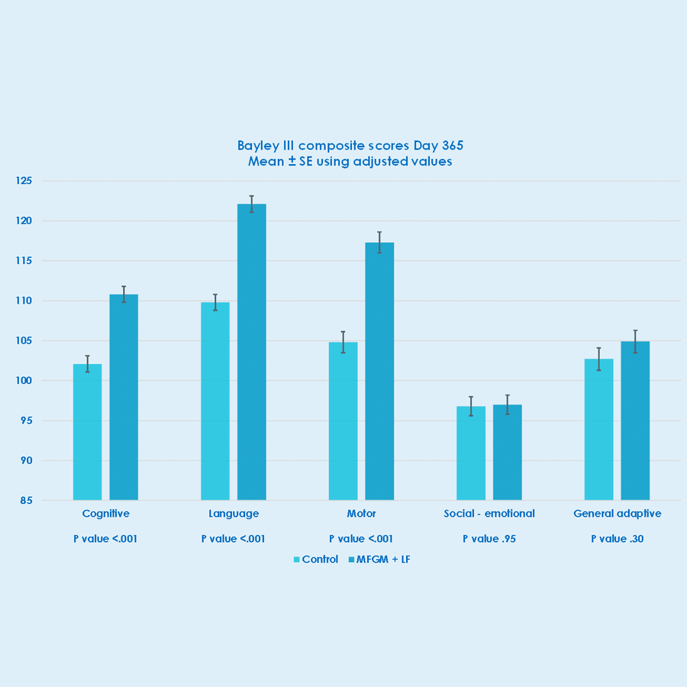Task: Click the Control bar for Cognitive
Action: pyautogui.click(x=87, y=432)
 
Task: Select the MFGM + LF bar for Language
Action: pyautogui.click(x=251, y=352)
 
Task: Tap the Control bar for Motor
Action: pyautogui.click(x=343, y=421)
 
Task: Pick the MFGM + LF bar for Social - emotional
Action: pyautogui.click(x=507, y=452)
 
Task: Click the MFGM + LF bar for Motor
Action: pyautogui.click(x=379, y=371)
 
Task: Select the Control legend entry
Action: pyautogui.click(x=316, y=560)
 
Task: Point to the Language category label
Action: pyautogui.click(x=234, y=514)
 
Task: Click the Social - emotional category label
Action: pyautogui.click(x=489, y=514)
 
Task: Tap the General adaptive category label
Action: pyautogui.click(x=617, y=514)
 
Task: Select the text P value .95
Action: pyautogui.click(x=489, y=538)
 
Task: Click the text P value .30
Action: pyautogui.click(x=617, y=538)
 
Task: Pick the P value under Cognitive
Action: pyautogui.click(x=105, y=538)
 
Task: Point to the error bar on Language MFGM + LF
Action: pyautogui.click(x=251, y=204)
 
